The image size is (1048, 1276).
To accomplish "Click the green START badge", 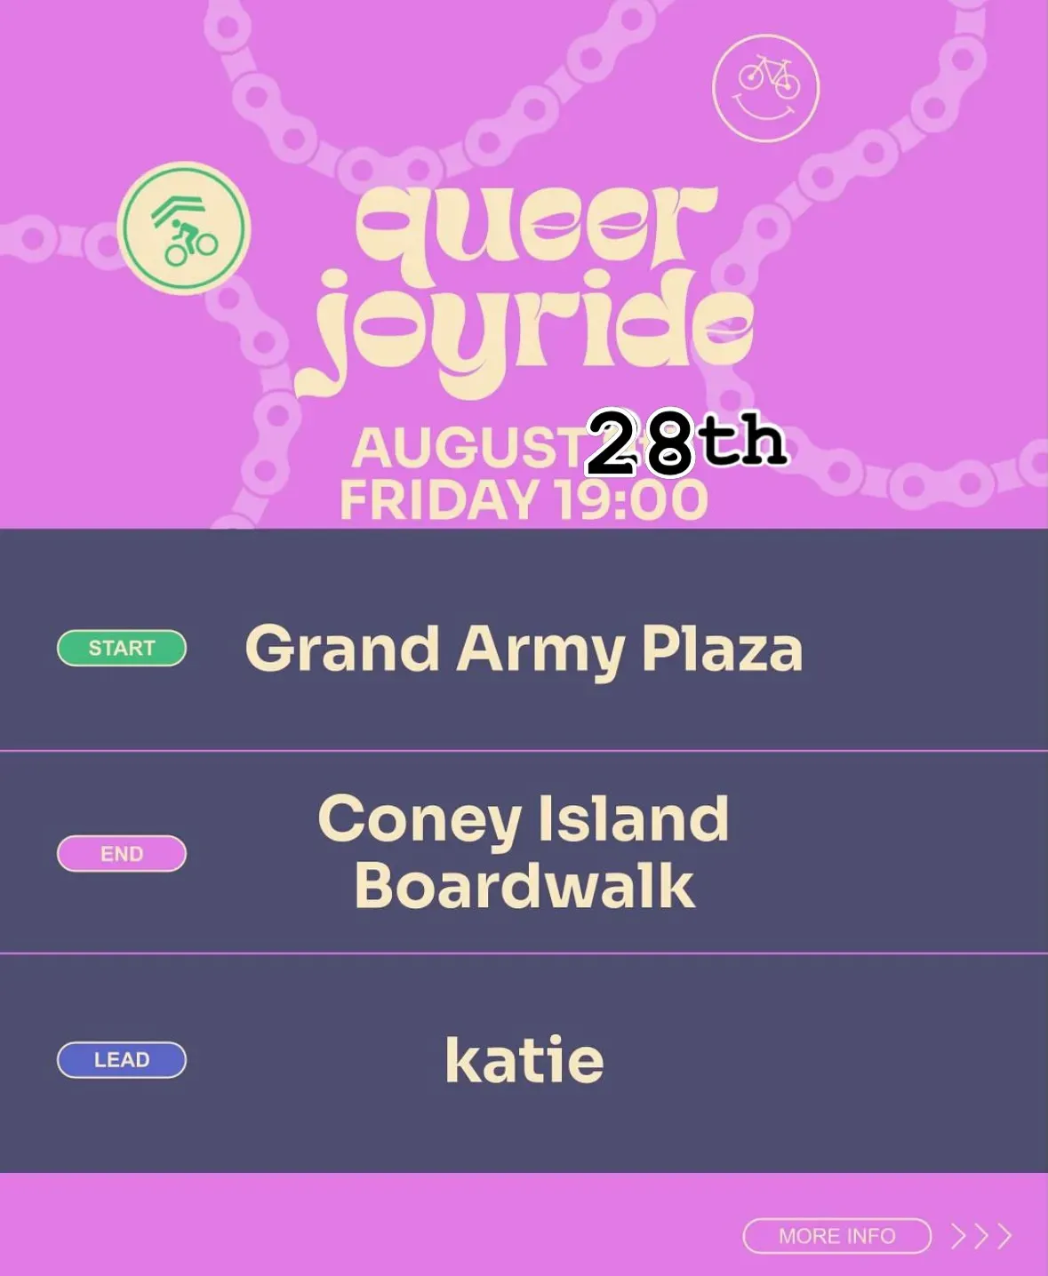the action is point(122,648).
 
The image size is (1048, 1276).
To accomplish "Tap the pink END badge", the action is point(122,854).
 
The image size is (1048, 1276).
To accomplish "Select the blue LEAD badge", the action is point(122,1059).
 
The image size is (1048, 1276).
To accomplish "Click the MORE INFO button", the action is point(836,1235).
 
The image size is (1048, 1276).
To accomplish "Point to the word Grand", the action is point(343,649).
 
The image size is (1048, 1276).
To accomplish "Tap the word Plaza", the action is point(723,648).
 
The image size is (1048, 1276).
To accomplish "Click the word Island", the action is point(633,818).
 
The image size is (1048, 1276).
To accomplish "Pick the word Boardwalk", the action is point(524,885).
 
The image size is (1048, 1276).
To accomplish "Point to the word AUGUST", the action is point(469,449).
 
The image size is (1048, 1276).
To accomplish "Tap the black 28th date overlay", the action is point(686,442).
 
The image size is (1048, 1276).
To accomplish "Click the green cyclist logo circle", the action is point(183,228).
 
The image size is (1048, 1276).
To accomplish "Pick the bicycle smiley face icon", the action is point(766,88).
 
